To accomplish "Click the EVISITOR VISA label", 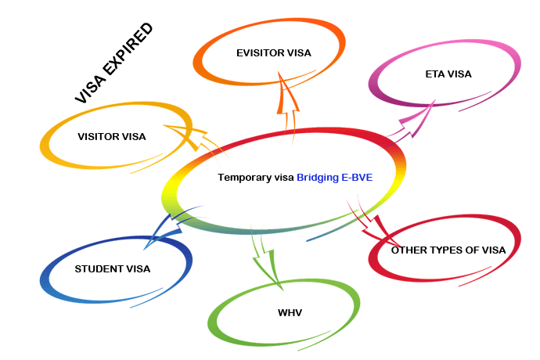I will click(273, 54).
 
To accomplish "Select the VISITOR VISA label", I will click(112, 136).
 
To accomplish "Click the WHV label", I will click(290, 312).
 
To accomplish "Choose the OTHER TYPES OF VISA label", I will click(448, 250).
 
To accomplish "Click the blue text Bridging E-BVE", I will click(334, 178).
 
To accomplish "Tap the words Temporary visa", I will click(256, 178).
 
